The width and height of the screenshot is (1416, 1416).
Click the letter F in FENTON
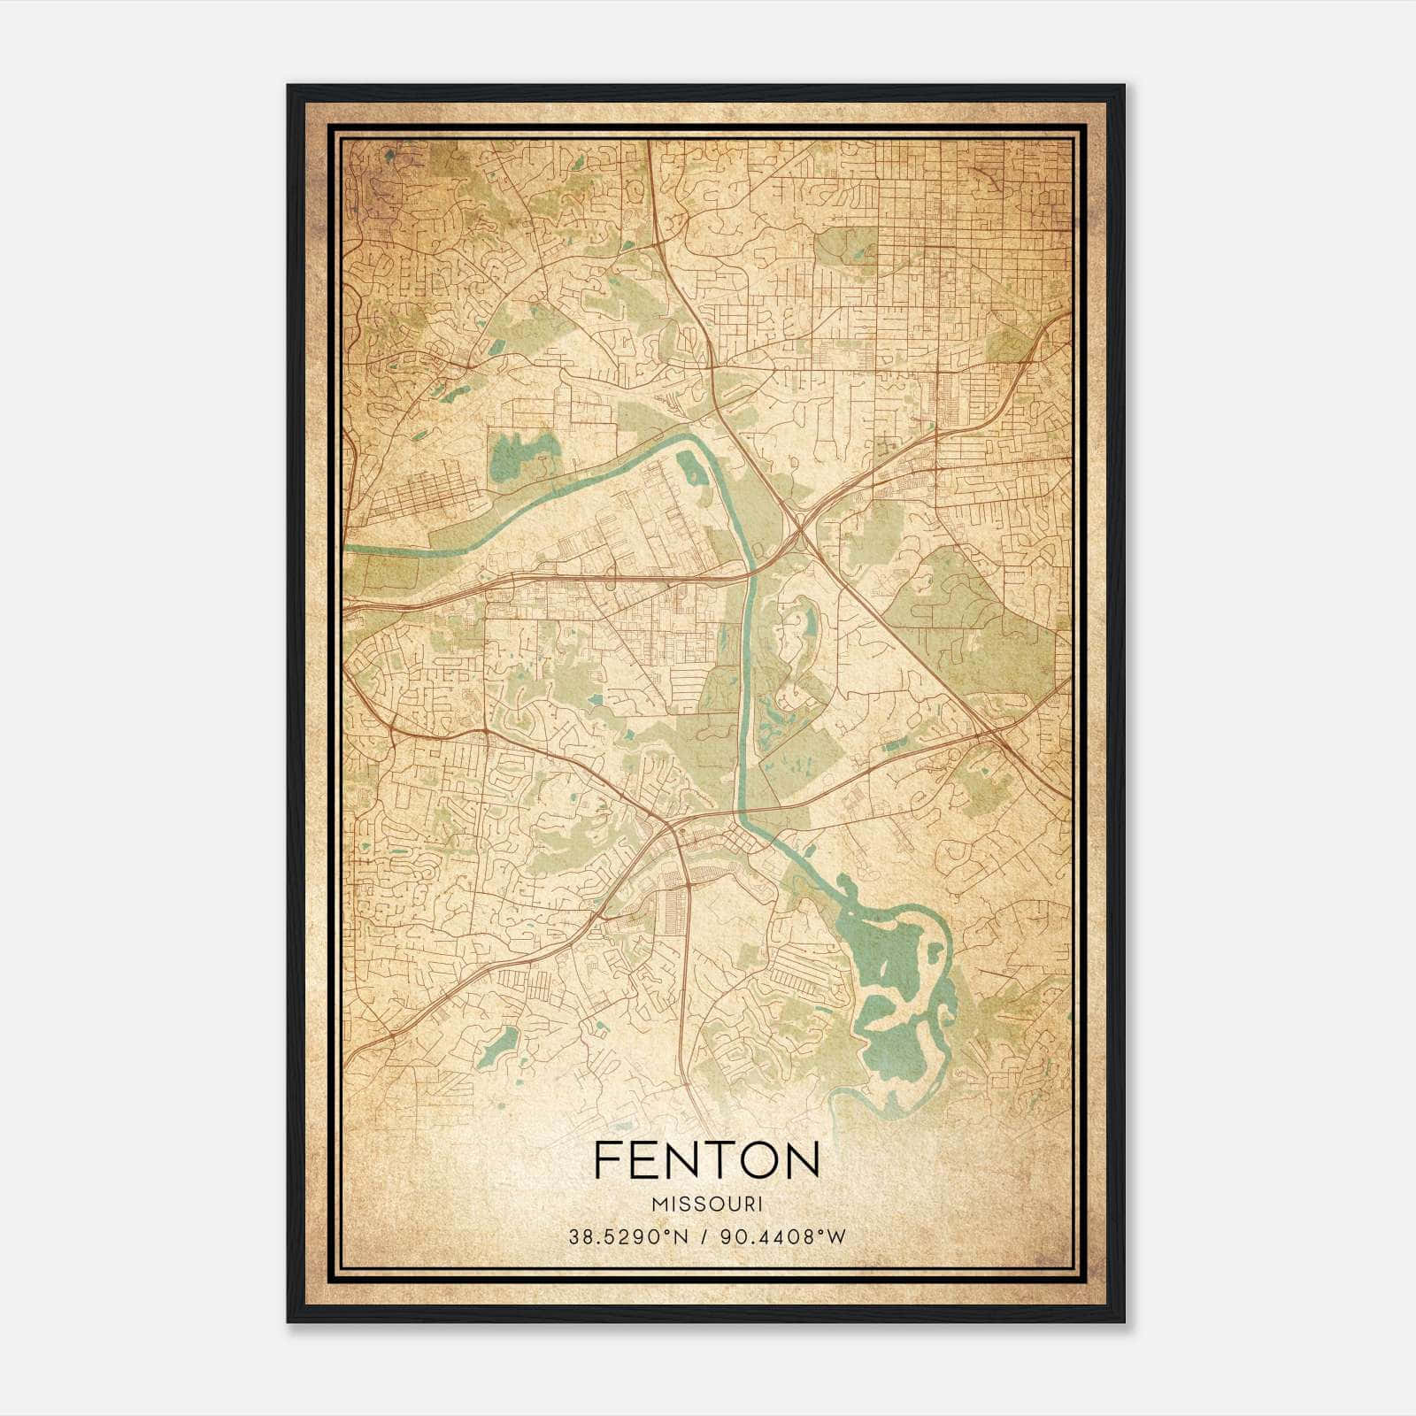pos(607,1160)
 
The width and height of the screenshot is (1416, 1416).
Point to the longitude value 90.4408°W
pos(781,1237)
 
